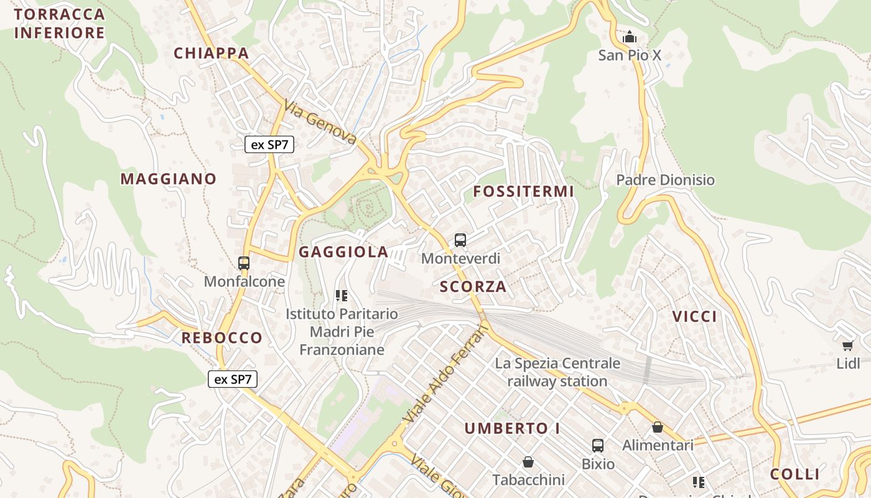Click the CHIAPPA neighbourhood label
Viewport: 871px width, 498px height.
212,54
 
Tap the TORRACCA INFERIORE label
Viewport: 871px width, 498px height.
59,24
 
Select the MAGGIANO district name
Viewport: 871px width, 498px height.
169,179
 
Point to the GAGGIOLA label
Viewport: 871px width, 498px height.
343,252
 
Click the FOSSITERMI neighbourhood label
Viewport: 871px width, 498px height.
523,192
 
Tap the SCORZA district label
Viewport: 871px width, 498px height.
473,287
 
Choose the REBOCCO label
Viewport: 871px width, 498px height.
221,338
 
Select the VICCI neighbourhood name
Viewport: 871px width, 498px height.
694,317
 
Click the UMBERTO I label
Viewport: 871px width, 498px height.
513,428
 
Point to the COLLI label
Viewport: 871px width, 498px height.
794,474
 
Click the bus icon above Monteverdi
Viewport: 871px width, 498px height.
460,240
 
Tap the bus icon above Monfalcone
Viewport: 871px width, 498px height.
244,263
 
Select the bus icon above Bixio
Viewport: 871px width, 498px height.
598,446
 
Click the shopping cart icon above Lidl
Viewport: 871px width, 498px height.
847,345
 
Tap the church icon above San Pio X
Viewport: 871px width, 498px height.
630,37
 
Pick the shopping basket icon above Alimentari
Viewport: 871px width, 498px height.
658,428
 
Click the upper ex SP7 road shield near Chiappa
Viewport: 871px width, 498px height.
269,145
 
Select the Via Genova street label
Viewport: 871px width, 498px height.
320,122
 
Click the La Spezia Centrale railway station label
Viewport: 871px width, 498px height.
557,372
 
